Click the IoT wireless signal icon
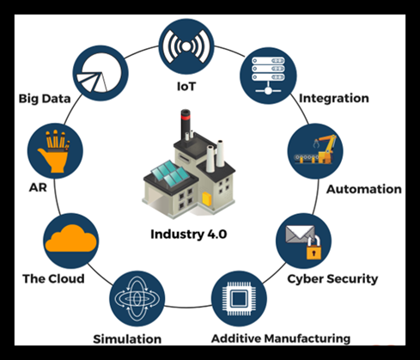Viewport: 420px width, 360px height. pos(186,46)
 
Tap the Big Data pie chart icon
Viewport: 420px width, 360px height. pos(100,73)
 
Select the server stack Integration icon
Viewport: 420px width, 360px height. pos(268,76)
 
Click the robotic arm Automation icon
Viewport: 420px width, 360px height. pos(315,151)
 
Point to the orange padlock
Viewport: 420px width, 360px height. pos(314,248)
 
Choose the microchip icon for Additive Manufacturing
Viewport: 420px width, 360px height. pos(239,299)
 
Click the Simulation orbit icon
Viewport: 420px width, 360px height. pos(137,299)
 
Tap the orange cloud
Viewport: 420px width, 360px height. pos(71,239)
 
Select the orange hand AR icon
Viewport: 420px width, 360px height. pos(55,151)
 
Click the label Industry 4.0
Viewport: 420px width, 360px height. pos(189,234)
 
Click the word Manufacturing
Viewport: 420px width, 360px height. pos(307,339)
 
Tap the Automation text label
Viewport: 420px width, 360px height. pos(364,189)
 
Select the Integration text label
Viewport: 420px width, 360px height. pos(334,99)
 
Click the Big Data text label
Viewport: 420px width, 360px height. pos(45,99)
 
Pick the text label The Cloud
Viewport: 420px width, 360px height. pos(53,278)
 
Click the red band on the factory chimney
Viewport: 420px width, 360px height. pos(186,117)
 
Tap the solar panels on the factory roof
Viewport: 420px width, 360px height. pos(169,174)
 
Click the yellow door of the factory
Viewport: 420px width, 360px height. pos(207,198)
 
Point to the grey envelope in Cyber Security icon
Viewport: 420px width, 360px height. pos(300,234)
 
